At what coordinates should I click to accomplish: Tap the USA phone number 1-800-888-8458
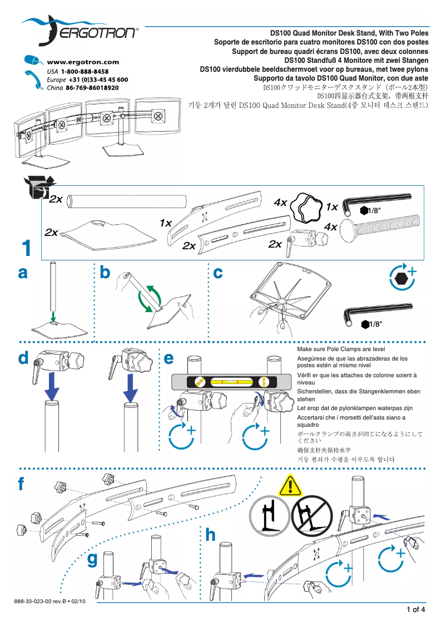(85, 72)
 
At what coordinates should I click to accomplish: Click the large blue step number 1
(27, 248)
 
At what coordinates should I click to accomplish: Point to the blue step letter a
(23, 273)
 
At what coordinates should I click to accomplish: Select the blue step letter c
(218, 273)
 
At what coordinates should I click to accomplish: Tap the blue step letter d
(23, 359)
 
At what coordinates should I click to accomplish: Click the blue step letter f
(21, 484)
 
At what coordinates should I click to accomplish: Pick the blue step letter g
(93, 560)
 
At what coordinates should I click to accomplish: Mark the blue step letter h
(210, 535)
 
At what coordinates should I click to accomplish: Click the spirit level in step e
(231, 382)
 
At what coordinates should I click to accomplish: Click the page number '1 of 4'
(416, 609)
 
